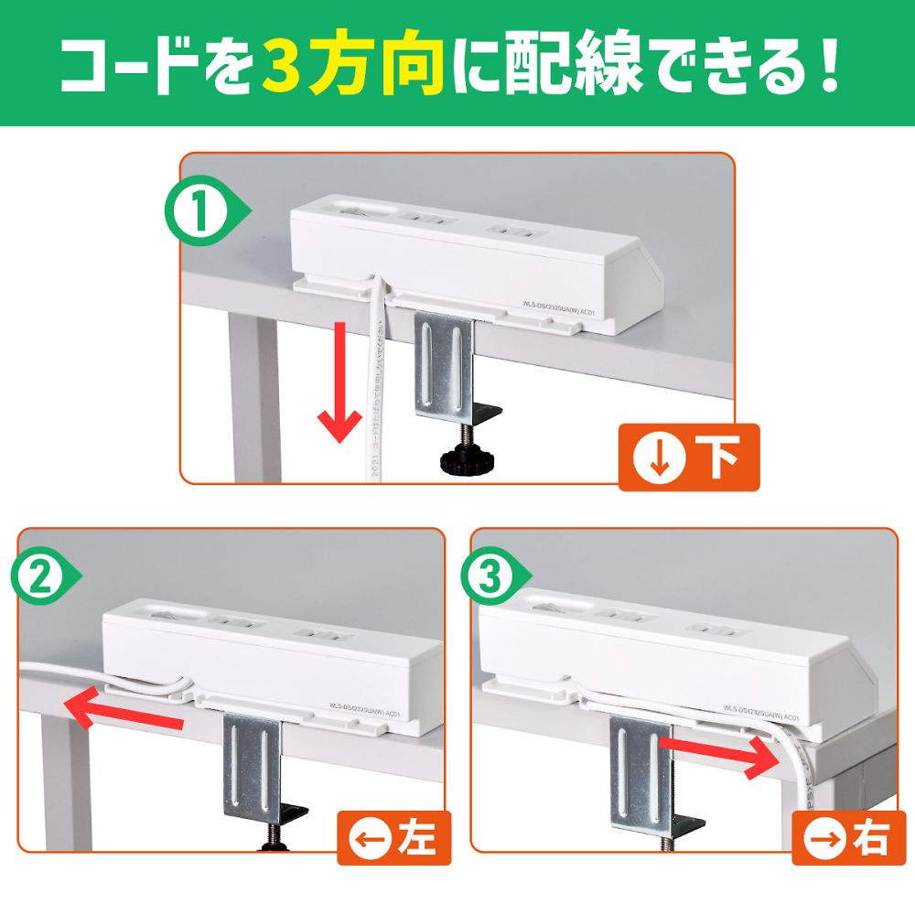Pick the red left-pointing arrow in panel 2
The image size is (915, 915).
coord(124,710)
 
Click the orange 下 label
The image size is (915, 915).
coord(689,457)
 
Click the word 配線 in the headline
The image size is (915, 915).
coord(567,64)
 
